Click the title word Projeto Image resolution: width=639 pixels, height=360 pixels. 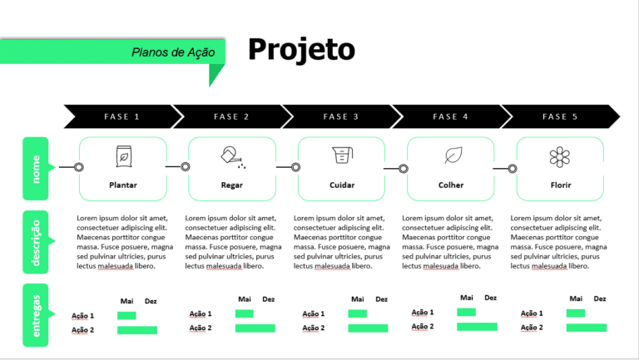[301, 50]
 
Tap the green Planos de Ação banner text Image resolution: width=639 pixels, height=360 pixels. [173, 52]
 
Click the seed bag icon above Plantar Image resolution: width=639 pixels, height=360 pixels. [123, 156]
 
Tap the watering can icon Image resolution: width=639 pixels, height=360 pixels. [233, 157]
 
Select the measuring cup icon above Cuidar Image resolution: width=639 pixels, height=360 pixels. [342, 155]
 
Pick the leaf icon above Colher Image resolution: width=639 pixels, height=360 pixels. [453, 155]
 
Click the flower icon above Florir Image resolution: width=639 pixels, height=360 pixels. [560, 157]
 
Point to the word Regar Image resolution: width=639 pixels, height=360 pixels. [232, 185]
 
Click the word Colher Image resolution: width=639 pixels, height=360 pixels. [451, 185]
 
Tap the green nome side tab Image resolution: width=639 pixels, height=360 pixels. [36, 169]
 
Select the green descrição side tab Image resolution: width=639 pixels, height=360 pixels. [36, 242]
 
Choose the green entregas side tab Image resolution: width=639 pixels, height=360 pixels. [36, 315]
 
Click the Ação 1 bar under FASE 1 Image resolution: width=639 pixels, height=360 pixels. [126, 315]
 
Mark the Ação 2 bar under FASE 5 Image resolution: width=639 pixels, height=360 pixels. [587, 328]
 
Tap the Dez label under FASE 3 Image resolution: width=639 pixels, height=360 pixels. [381, 299]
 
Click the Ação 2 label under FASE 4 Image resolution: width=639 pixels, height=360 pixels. [423, 326]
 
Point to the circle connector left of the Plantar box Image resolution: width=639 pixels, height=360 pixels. [79, 167]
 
